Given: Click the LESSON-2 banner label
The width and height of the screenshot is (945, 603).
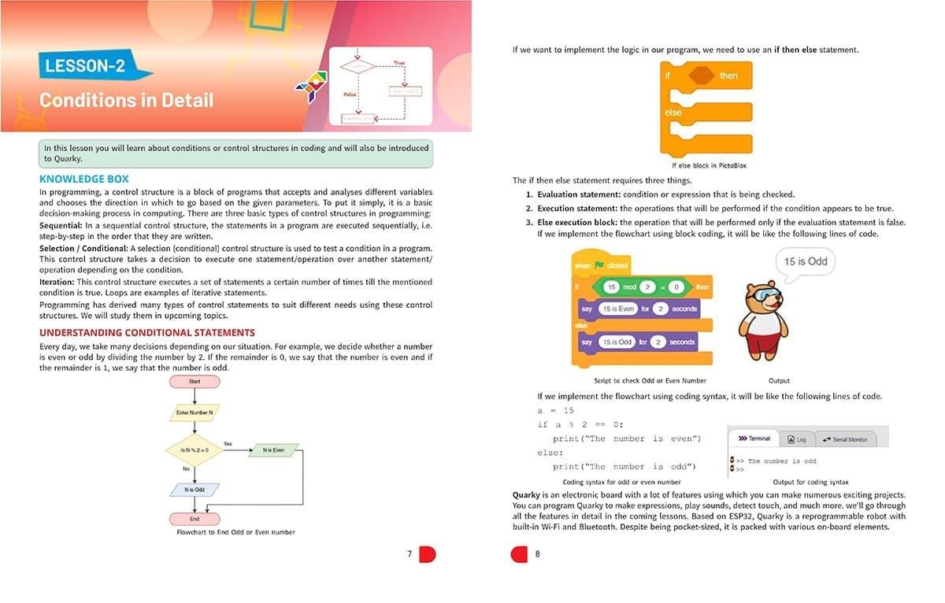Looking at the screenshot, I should pyautogui.click(x=85, y=66).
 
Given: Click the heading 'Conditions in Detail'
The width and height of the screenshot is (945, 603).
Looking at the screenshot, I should pyautogui.click(x=126, y=101).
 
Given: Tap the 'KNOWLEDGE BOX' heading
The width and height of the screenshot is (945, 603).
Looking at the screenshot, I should pyautogui.click(x=84, y=179).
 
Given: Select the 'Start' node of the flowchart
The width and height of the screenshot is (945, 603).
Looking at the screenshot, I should pyautogui.click(x=195, y=382).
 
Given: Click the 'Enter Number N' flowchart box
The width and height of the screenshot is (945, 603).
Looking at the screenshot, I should pyautogui.click(x=195, y=412).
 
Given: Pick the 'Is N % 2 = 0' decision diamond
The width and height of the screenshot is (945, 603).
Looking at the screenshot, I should pyautogui.click(x=195, y=450).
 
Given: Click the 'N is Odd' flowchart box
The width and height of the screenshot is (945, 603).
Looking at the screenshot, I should pyautogui.click(x=195, y=489).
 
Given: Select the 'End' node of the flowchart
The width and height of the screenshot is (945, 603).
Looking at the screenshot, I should pyautogui.click(x=195, y=519).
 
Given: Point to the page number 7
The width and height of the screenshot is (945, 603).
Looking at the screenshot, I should pyautogui.click(x=409, y=554).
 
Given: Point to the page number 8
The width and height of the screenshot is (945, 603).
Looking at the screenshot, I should pyautogui.click(x=537, y=554).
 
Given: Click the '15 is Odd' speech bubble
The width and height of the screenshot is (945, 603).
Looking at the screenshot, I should pyautogui.click(x=806, y=261).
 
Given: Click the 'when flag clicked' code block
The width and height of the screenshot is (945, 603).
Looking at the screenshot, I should pyautogui.click(x=602, y=266).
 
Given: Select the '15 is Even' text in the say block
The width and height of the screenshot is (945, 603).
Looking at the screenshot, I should pyautogui.click(x=617, y=309).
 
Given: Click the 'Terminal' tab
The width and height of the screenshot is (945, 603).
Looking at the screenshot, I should pyautogui.click(x=754, y=438).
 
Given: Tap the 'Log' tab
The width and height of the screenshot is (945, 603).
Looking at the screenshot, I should pyautogui.click(x=797, y=439).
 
